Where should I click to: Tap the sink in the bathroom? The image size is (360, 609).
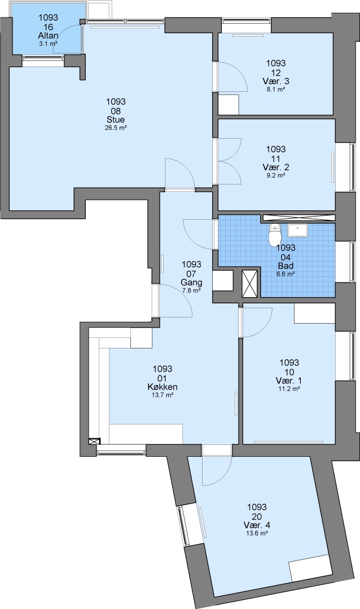(x=297, y=230)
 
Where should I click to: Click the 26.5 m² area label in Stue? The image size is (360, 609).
(x=116, y=127)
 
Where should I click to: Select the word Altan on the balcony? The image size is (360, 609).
(x=48, y=36)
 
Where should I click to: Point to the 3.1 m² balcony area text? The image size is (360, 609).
(x=48, y=44)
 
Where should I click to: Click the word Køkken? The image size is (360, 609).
(x=163, y=387)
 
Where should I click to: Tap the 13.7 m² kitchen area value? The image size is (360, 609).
(x=163, y=395)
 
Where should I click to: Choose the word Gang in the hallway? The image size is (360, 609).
(x=191, y=283)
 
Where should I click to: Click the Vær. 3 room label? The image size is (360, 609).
(x=275, y=81)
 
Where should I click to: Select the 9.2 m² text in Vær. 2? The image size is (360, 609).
(x=275, y=175)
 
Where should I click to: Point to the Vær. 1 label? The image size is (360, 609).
(x=289, y=380)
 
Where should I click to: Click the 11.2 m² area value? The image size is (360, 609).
(x=289, y=389)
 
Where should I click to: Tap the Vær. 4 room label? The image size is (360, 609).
(x=257, y=525)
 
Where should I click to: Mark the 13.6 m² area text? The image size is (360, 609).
(x=257, y=533)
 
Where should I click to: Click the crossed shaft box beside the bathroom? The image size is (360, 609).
(x=249, y=283)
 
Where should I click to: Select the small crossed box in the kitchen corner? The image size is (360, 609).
(x=94, y=441)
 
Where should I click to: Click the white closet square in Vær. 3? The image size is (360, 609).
(x=228, y=104)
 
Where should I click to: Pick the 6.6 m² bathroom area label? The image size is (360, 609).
(x=286, y=274)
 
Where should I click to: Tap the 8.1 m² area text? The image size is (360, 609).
(x=275, y=89)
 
